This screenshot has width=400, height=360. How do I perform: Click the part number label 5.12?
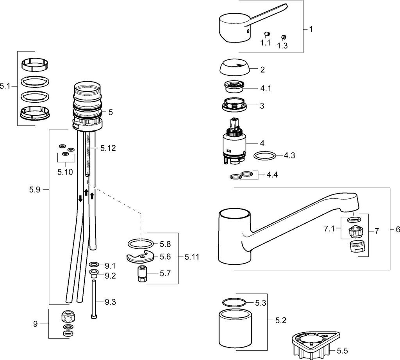tap(108, 148)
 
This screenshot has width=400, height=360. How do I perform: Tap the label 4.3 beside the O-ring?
tap(289, 155)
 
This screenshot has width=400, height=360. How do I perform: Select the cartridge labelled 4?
tap(234, 141)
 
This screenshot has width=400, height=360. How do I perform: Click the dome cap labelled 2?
tap(234, 68)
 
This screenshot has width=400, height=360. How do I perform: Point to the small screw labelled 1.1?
tap(267, 34)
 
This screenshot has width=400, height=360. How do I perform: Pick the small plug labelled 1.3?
tap(284, 37)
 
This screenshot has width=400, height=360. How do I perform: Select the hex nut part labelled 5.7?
tap(141, 274)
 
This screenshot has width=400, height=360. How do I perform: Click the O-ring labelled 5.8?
tap(141, 244)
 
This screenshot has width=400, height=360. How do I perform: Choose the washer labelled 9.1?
tap(94, 264)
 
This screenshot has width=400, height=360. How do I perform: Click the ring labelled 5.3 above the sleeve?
tap(234, 302)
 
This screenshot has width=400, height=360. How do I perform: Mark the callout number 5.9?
tap(34, 190)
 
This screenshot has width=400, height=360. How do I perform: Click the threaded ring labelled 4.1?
tap(234, 87)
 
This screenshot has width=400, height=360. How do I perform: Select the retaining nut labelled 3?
tap(234, 105)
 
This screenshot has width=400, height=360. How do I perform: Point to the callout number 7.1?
tap(329, 229)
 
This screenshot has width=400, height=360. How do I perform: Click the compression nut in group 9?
tap(68, 316)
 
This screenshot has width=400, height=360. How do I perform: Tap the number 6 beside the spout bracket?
tap(398, 230)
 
